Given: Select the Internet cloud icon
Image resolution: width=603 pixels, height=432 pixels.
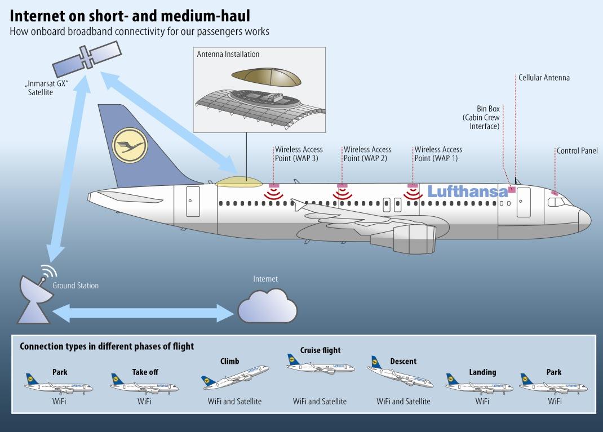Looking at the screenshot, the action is point(267,306).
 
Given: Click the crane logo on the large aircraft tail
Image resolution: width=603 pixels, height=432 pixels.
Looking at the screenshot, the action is point(130,146).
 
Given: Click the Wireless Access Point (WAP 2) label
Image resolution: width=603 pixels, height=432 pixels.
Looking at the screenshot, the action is point(367,154).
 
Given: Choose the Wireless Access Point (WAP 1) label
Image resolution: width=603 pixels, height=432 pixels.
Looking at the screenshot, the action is point(438,154).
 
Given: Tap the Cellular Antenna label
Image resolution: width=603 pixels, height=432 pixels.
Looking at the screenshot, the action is point(544,78).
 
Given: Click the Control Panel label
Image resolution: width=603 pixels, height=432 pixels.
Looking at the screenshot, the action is point(577,150).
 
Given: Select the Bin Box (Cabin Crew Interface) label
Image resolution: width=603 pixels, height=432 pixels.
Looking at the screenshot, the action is point(481,117).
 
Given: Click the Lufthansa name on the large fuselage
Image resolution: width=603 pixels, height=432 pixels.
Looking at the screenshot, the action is point(468,191).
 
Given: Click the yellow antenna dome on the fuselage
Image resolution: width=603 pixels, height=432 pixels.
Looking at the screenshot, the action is point(239,182).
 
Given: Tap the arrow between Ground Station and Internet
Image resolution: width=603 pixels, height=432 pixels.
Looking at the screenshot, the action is point(143,313).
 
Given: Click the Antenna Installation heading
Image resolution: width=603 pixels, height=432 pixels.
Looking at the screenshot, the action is point(228,54).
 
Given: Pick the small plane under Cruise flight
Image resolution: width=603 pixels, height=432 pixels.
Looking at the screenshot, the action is point(320,365).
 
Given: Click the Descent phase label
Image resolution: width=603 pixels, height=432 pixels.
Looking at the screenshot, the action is point(404,361).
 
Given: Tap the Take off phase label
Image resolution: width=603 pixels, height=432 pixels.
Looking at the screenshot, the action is point(145,372).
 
